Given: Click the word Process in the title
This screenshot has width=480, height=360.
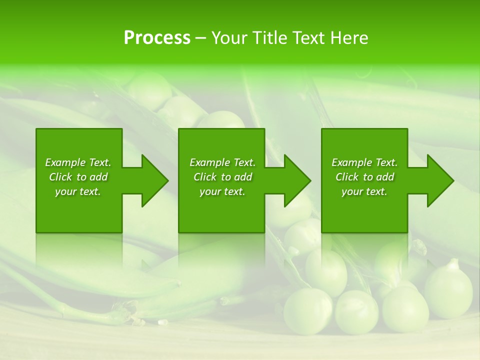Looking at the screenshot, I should tap(157, 38).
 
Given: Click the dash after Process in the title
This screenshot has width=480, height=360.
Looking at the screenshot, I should tap(200, 38).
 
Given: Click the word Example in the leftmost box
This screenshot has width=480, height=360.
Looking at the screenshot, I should tap(65, 162).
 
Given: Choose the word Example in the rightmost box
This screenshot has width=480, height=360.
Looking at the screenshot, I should tap(352, 162).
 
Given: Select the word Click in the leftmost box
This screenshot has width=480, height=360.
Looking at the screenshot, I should tap(61, 177).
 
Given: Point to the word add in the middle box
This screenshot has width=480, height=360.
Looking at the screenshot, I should tap(243, 177).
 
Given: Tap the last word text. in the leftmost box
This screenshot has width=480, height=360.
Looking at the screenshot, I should tap(90, 191).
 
